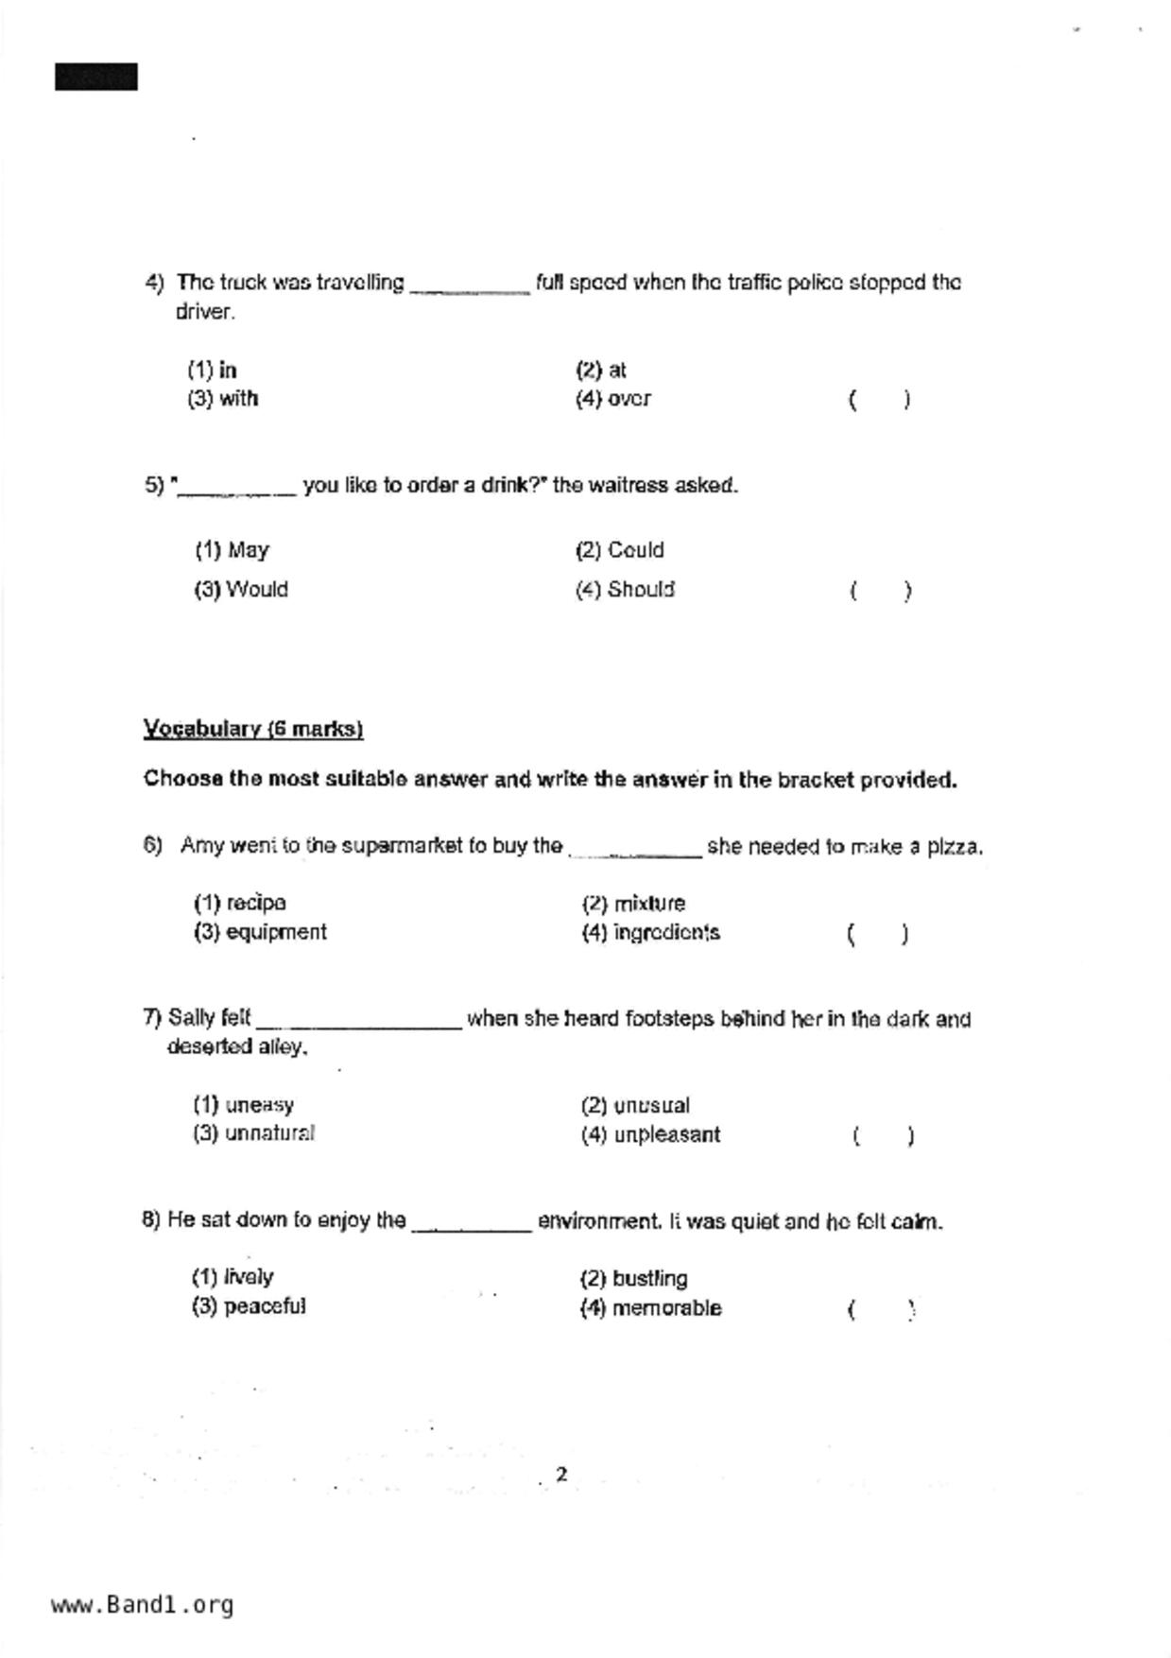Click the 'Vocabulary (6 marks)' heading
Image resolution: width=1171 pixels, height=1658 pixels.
coord(253,729)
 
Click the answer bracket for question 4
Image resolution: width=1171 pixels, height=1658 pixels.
coord(879,400)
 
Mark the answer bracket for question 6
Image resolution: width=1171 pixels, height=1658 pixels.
coord(878,935)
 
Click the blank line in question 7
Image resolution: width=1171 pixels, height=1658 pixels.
coord(359,1025)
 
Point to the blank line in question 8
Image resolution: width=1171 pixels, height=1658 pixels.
coord(472,1228)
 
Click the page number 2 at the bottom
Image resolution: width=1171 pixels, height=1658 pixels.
coord(561,1475)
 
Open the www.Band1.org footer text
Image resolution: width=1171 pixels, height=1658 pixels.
coord(143,1605)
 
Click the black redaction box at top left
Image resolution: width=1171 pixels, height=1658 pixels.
coord(96,78)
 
